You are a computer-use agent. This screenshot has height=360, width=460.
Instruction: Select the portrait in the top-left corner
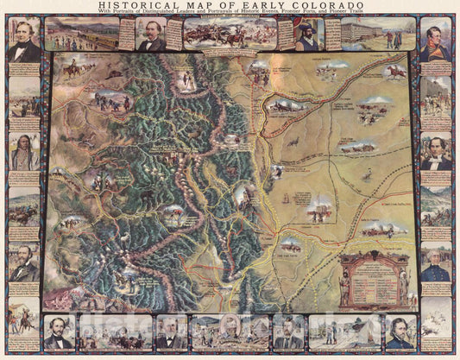(x=23, y=41)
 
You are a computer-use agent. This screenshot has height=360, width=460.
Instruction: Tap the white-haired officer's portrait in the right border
(x=436, y=260)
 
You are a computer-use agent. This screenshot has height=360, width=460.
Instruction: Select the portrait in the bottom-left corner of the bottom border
(x=59, y=332)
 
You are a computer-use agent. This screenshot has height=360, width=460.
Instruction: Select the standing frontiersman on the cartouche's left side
(x=347, y=281)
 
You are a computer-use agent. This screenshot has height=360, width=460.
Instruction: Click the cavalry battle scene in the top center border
(x=230, y=33)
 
